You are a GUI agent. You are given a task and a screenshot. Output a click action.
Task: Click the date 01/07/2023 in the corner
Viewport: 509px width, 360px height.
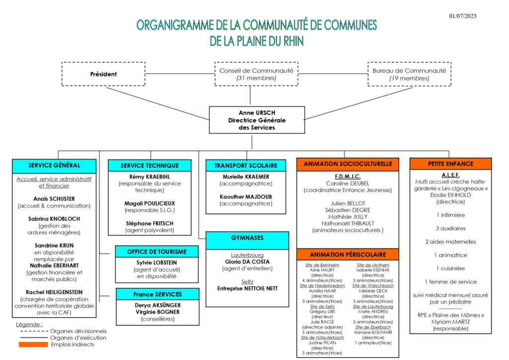tap(462, 16)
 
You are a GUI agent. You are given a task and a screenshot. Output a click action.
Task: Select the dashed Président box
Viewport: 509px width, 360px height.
tap(103, 74)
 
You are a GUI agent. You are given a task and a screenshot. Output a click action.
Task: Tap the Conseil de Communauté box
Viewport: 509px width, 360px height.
tap(256, 74)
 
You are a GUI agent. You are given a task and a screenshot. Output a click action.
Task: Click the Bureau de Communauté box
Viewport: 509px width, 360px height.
tap(409, 74)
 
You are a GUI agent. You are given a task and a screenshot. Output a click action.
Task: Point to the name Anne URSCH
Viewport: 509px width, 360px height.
tap(256, 113)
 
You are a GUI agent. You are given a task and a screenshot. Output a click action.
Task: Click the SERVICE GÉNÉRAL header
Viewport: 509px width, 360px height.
tap(54, 166)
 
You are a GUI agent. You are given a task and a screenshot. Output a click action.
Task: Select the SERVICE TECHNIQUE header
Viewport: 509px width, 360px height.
tap(149, 166)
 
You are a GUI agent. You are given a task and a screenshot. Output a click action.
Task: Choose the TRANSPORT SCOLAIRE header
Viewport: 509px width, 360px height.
tap(246, 166)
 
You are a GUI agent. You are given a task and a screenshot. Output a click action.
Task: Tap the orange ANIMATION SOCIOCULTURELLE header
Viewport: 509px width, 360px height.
tap(347, 164)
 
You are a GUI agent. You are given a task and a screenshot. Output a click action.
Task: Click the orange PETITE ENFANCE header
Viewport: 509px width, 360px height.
tap(450, 164)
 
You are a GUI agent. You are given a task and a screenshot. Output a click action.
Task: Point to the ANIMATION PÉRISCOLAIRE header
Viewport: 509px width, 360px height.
tap(347, 255)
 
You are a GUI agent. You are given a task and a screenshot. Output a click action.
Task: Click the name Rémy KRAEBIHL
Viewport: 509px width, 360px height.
tap(149, 177)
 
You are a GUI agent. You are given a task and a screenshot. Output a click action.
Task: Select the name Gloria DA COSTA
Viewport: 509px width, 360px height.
tap(247, 262)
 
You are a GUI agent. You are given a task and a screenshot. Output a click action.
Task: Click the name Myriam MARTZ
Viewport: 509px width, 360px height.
tap(450, 322)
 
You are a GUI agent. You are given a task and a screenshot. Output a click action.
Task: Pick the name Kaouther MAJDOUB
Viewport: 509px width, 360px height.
tap(246, 196)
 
